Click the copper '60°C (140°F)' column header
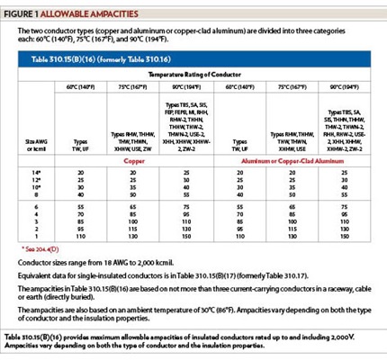click(x=82, y=86)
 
